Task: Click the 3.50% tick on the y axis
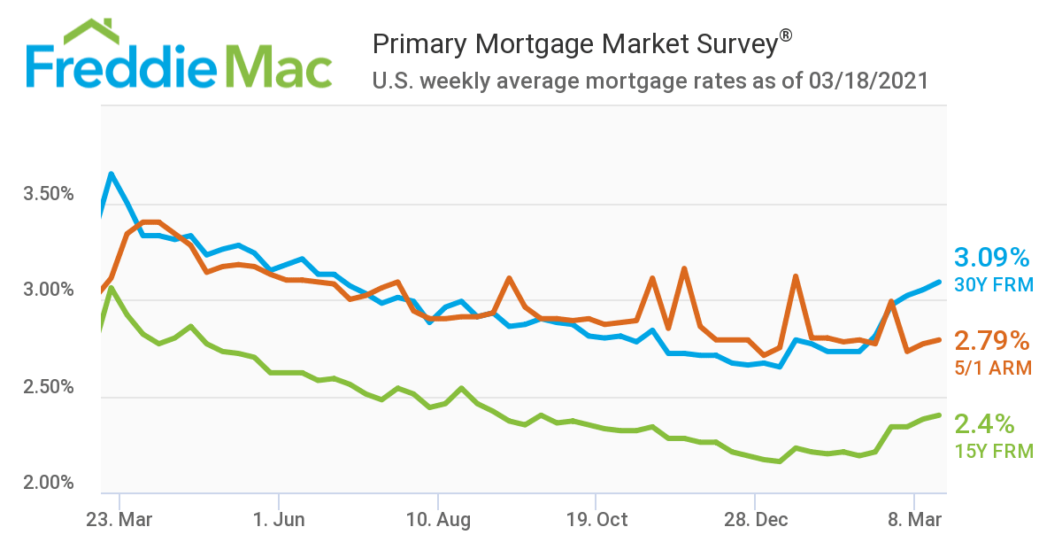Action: click(48, 194)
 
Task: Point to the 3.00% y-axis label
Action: click(48, 291)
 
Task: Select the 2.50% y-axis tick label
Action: click(48, 387)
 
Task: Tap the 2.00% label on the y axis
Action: click(48, 483)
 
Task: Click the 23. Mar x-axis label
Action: click(119, 520)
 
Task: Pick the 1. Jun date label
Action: click(278, 520)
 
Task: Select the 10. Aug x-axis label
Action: click(437, 520)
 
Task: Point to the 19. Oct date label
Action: click(596, 520)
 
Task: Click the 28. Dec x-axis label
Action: click(755, 520)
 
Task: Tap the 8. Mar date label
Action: click(914, 520)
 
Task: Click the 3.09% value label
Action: click(992, 258)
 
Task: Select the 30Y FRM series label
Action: click(994, 285)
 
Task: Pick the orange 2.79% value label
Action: click(992, 340)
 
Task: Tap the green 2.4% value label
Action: click(983, 422)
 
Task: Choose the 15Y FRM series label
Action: click(994, 451)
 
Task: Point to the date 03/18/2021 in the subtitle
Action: click(868, 81)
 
